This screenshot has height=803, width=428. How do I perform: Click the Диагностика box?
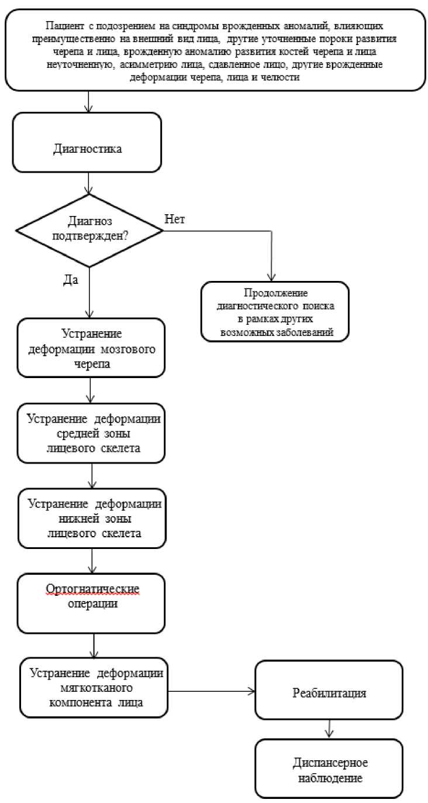pyautogui.click(x=87, y=142)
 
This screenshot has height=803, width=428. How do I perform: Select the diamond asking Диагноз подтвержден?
pyautogui.click(x=89, y=231)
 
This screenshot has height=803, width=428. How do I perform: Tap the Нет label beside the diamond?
pyautogui.click(x=175, y=219)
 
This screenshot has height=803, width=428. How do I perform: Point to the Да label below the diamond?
pyautogui.click(x=71, y=280)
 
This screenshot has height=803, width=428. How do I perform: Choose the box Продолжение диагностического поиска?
pyautogui.click(x=275, y=311)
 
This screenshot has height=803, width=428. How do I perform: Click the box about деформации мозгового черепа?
pyautogui.click(x=91, y=348)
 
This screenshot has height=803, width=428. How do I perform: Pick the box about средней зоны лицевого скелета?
pyautogui.click(x=91, y=433)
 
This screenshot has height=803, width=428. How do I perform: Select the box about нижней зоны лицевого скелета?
pyautogui.click(x=92, y=519)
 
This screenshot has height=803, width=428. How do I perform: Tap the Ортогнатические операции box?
pyautogui.click(x=91, y=603)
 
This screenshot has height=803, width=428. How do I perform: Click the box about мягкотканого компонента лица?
pyautogui.click(x=94, y=688)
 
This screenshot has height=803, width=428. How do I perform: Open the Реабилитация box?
pyautogui.click(x=329, y=690)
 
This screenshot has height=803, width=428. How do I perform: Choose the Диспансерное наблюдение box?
pyautogui.click(x=329, y=768)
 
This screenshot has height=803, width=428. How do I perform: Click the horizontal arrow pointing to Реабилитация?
pyautogui.click(x=211, y=691)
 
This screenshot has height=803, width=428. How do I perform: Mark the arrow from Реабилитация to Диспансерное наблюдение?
pyautogui.click(x=329, y=729)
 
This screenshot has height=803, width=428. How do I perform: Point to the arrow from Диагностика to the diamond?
pyautogui.click(x=88, y=183)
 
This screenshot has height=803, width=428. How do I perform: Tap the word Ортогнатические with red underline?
pyautogui.click(x=92, y=589)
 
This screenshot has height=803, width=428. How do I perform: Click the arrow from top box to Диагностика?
pyautogui.click(x=88, y=102)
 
